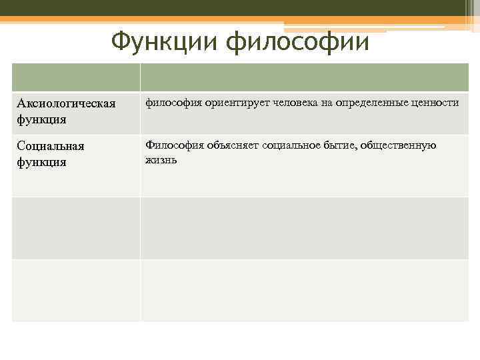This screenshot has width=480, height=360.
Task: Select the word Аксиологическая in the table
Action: [66, 104]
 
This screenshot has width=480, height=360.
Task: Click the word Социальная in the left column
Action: [51, 146]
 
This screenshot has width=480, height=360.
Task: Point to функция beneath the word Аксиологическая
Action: [41, 120]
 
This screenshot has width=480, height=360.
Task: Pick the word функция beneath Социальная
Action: [41, 162]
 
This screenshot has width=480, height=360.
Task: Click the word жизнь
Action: [161, 160]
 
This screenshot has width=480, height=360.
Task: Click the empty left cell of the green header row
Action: [76, 77]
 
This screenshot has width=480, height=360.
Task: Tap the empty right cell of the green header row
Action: [304, 77]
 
